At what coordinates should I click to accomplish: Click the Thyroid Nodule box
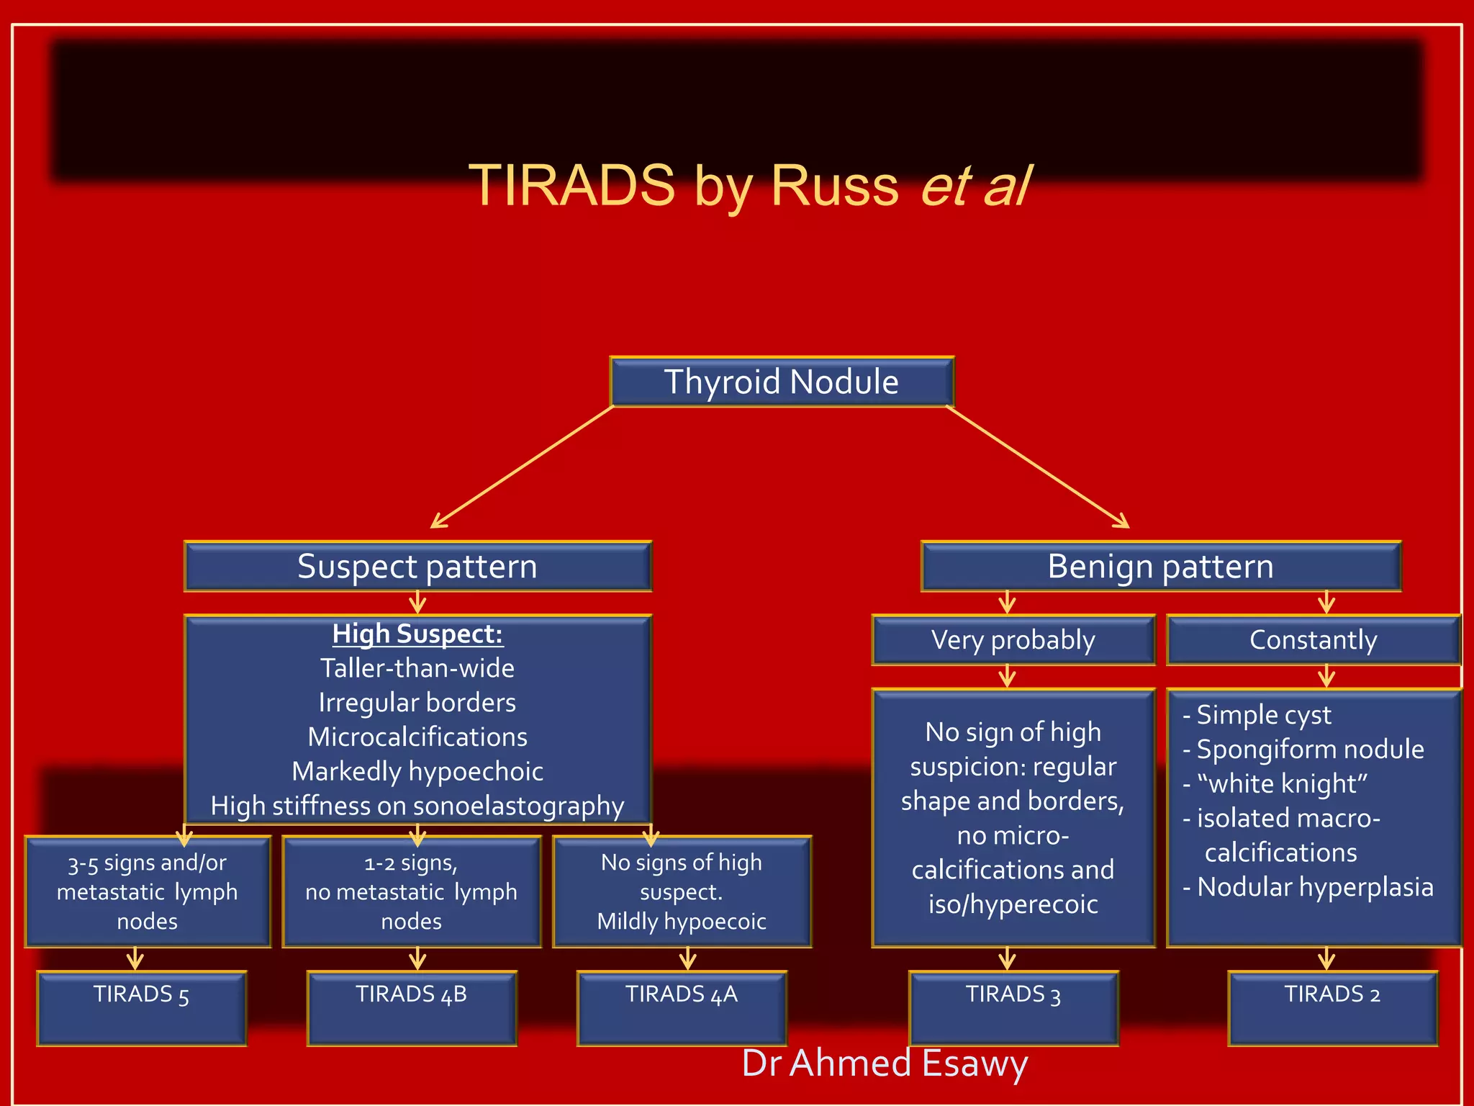[782, 382]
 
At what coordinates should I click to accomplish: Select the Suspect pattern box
[417, 567]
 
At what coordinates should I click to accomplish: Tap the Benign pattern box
[1160, 567]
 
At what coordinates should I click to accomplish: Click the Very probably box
[1013, 640]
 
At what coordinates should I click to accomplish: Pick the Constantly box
[1313, 640]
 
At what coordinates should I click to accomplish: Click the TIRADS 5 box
[142, 1008]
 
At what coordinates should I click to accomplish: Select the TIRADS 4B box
[412, 1008]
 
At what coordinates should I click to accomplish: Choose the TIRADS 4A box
[682, 1008]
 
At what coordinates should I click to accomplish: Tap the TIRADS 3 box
[1013, 1008]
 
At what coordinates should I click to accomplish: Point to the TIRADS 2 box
[1332, 1008]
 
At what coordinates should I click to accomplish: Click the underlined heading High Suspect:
[417, 634]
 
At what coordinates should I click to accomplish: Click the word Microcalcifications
[417, 737]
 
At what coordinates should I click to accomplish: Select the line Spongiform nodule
[1309, 750]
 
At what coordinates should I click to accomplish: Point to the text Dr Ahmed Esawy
[885, 1064]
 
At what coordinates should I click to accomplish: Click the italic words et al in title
[976, 186]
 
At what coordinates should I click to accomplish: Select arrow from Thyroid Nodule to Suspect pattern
[522, 467]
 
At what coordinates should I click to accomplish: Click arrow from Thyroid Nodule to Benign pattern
[1037, 467]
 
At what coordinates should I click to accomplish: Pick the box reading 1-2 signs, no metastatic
[412, 891]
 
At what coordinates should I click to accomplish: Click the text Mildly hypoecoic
[682, 922]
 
